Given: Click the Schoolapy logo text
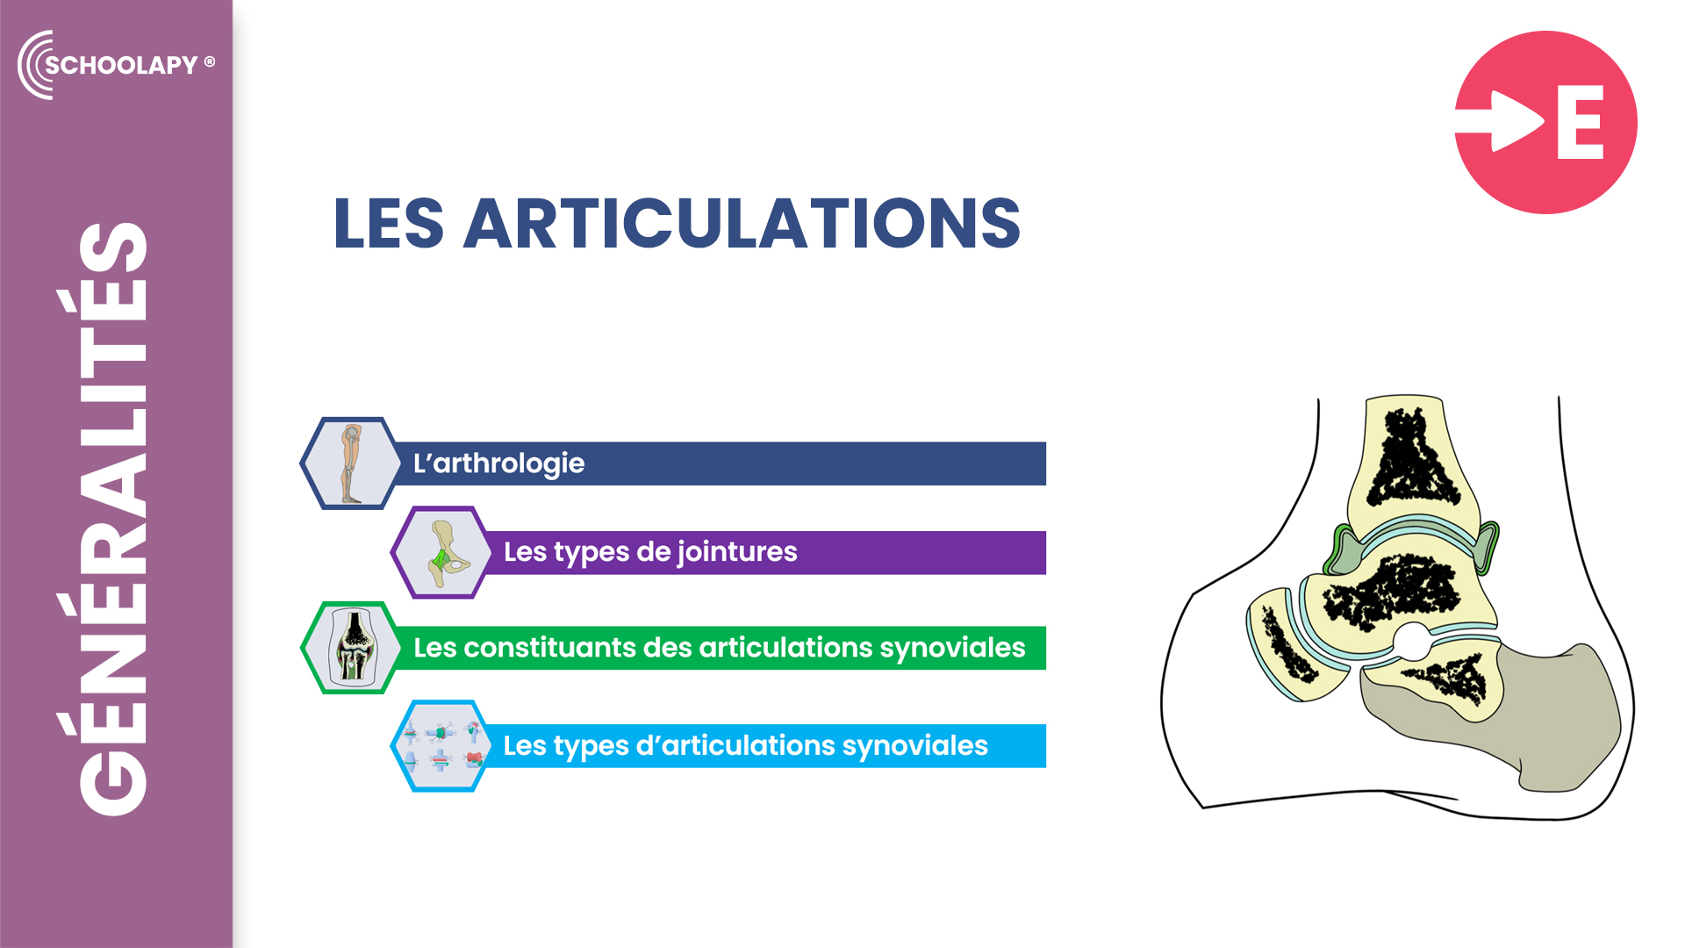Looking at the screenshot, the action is point(121,65).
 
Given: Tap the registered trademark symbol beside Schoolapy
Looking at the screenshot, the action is point(210,61).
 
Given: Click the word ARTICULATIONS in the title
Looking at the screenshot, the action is point(742,223).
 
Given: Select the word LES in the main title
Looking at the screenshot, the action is point(389,223).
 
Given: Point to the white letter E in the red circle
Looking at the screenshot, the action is point(1581,122).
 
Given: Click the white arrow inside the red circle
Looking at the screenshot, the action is point(1501,121).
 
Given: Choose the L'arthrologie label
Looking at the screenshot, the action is point(498,463).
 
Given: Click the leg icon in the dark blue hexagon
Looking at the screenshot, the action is point(351,463).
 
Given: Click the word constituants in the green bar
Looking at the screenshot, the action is point(550,648).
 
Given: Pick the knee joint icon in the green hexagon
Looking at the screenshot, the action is point(353,648).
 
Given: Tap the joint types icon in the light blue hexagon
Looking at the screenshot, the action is point(441,746).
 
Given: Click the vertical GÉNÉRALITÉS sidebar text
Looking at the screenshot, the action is point(112,519).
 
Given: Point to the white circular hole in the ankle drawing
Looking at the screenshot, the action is point(1411,642).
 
